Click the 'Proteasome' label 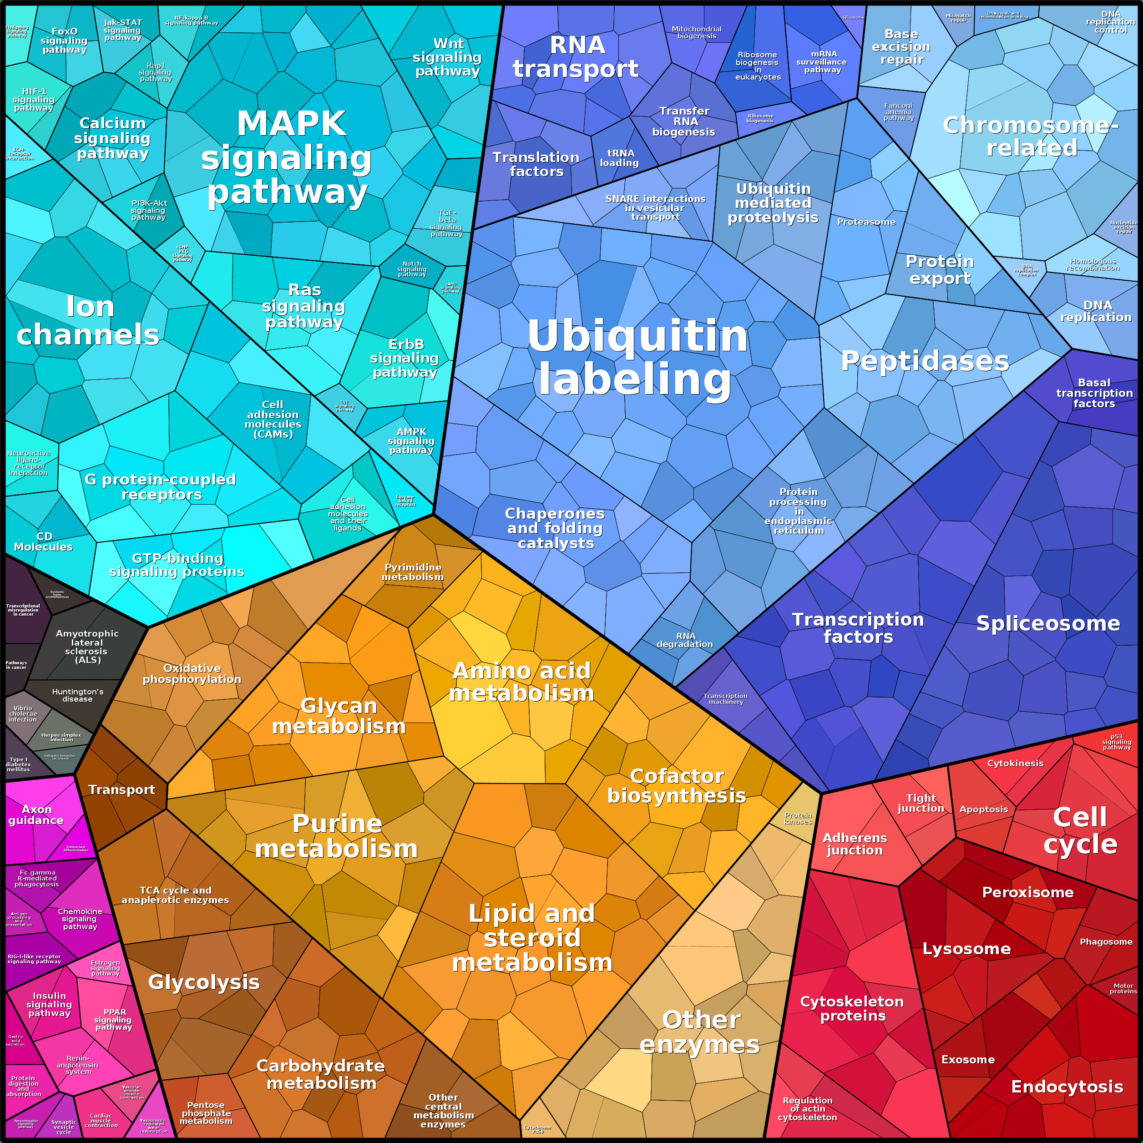(x=866, y=222)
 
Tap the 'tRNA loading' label (x=619, y=158)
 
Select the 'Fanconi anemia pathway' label (x=899, y=112)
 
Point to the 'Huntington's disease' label (x=77, y=695)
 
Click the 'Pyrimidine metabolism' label (x=412, y=572)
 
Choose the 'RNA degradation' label (x=685, y=640)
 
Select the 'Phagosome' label (x=1106, y=941)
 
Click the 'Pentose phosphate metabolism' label (x=206, y=1113)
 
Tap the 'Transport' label (x=121, y=790)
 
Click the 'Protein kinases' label (x=798, y=819)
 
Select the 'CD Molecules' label (x=43, y=541)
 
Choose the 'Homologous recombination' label (x=1092, y=264)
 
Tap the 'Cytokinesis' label (x=1015, y=763)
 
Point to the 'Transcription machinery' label (x=725, y=699)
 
